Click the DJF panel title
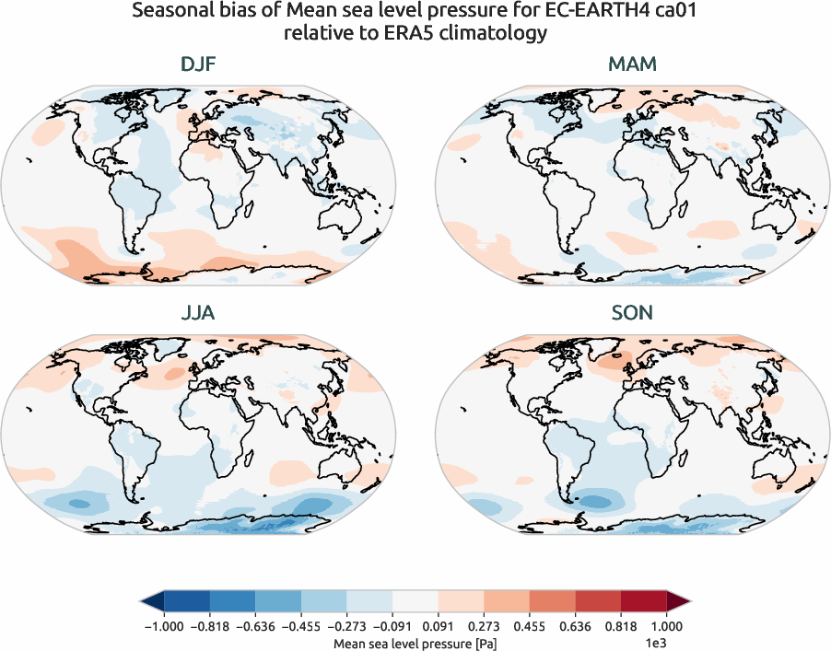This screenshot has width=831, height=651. [198, 65]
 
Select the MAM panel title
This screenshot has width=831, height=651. [633, 65]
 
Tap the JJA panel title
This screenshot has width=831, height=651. [198, 313]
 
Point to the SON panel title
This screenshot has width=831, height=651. [633, 313]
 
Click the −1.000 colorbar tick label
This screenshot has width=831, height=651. [161, 626]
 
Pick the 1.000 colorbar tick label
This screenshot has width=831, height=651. [667, 626]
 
